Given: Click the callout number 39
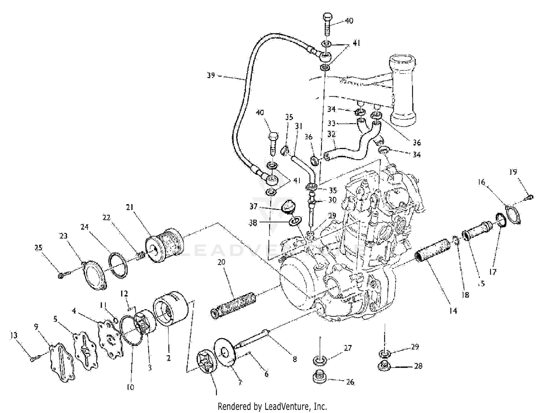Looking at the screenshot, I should point(211,76).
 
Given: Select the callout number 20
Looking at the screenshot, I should point(222,262).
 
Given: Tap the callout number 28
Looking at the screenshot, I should point(418,366).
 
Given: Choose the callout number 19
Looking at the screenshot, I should point(513,172).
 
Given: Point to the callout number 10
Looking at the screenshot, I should point(130,388).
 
